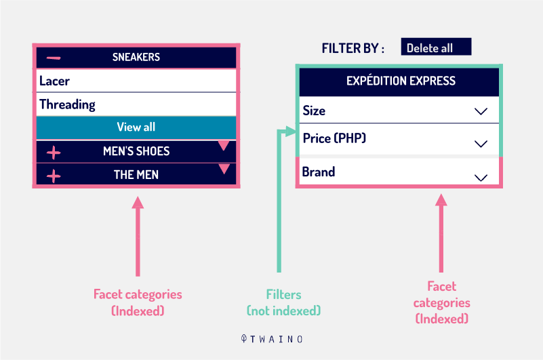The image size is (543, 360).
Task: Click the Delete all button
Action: pyautogui.click(x=436, y=47)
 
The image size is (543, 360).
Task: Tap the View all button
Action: pyautogui.click(x=136, y=127)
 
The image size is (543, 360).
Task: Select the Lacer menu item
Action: pyautogui.click(x=136, y=81)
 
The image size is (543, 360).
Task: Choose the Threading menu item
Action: pyautogui.click(x=136, y=104)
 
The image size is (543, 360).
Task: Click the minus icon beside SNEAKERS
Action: pyautogui.click(x=54, y=58)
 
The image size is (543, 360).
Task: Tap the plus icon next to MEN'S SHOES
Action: pyautogui.click(x=54, y=153)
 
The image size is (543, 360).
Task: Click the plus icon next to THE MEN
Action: pyautogui.click(x=54, y=176)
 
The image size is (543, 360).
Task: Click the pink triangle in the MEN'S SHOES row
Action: pyautogui.click(x=224, y=145)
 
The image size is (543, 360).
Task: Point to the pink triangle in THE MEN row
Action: pyautogui.click(x=224, y=168)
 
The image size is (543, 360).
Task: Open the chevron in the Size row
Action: pyautogui.click(x=481, y=111)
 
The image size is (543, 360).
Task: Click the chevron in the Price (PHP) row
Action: pyautogui.click(x=481, y=144)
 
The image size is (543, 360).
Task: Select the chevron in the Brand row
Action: pyautogui.click(x=481, y=178)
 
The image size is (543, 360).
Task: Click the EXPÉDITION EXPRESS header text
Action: pyautogui.click(x=401, y=81)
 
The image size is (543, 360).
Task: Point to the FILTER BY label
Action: pyautogui.click(x=353, y=49)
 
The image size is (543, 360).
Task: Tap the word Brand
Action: pyautogui.click(x=318, y=172)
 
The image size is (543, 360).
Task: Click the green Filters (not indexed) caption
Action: pyautogui.click(x=283, y=302)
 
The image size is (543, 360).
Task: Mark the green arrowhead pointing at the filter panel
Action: pyautogui.click(x=290, y=132)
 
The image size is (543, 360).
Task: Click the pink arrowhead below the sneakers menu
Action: pyautogui.click(x=138, y=202)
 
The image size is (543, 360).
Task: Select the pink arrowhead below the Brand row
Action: pyautogui.click(x=441, y=199)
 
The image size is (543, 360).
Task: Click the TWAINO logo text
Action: pyautogui.click(x=272, y=339)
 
